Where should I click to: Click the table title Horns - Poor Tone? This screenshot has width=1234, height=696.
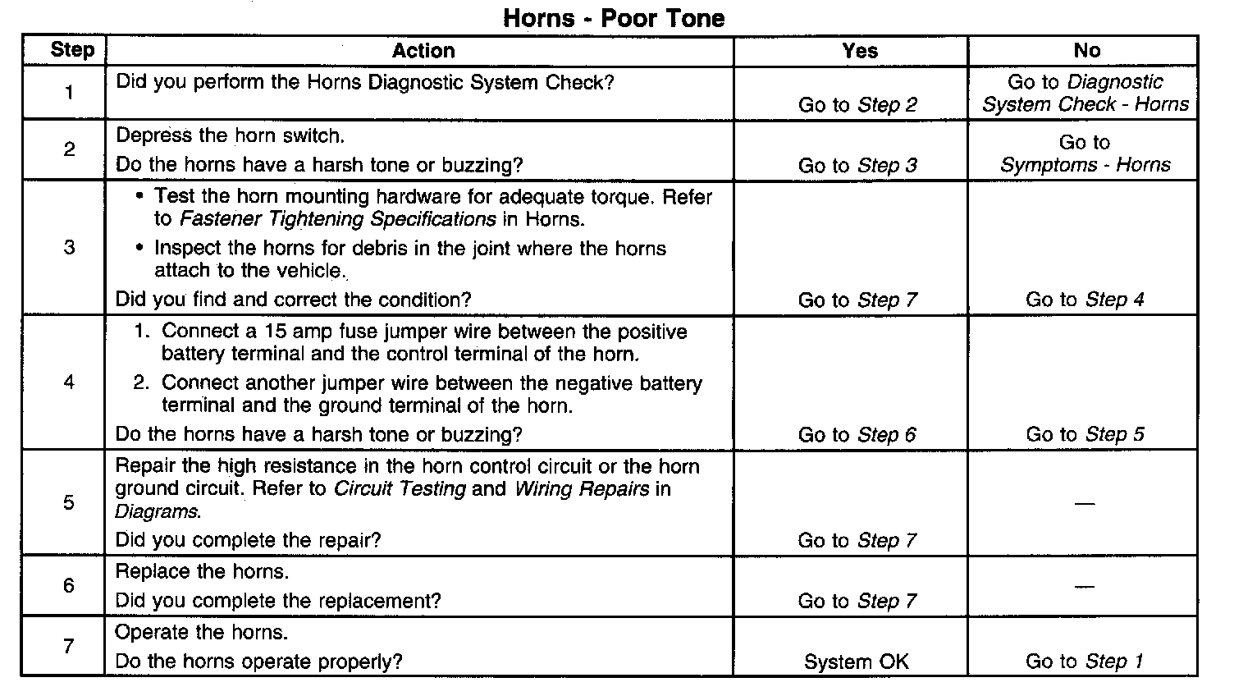[614, 18]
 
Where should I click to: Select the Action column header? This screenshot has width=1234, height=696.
[423, 51]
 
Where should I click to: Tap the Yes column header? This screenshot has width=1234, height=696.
[859, 51]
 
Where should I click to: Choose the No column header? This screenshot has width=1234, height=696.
[1086, 51]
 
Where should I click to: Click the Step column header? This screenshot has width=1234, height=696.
[72, 50]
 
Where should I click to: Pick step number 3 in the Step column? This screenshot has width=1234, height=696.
[69, 247]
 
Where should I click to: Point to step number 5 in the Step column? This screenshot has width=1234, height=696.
[69, 502]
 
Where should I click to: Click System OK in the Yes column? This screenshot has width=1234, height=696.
[856, 662]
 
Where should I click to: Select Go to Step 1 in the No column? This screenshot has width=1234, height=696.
[1084, 662]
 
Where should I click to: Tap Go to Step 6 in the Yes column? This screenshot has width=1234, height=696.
[857, 435]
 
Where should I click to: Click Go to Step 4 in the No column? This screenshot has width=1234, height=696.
[1084, 300]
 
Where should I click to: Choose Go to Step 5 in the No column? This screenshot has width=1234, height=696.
[1084, 435]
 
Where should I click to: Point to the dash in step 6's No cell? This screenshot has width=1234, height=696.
[1084, 586]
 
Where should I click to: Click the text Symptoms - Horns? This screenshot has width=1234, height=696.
[1085, 165]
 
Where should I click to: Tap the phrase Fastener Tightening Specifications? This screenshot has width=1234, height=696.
[337, 219]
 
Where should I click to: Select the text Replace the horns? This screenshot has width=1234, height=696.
[202, 571]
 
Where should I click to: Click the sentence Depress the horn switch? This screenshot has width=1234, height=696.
[231, 135]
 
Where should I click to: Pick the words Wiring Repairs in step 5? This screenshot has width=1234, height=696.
[582, 489]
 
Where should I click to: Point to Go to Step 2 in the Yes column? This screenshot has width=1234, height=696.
[857, 105]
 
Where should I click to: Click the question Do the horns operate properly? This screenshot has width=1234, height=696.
[258, 662]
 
